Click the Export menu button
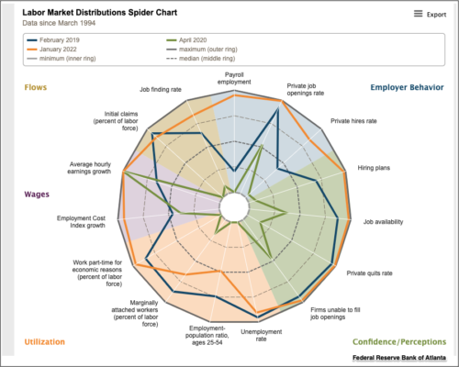430,14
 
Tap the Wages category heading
37,194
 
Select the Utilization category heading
44,341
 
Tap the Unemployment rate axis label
261,335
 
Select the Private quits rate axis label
369,272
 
